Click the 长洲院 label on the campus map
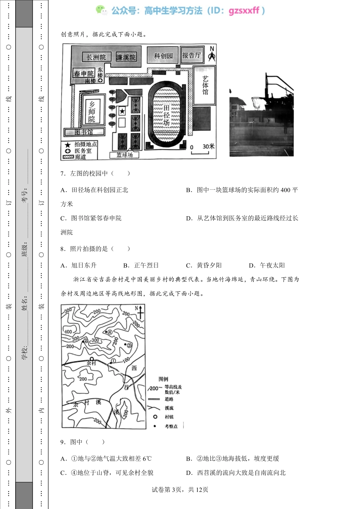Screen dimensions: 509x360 click(x=96, y=57)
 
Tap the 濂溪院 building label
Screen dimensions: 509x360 click(x=126, y=57)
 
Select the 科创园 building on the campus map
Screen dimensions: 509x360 click(x=163, y=56)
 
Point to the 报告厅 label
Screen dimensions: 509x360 click(x=191, y=55)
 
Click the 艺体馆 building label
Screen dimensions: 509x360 click(x=205, y=85)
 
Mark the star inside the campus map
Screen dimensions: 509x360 click(x=122, y=111)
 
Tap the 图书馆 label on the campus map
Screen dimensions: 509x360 click(x=84, y=132)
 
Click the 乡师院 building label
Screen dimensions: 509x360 click(x=92, y=111)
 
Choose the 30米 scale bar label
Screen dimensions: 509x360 click(x=208, y=146)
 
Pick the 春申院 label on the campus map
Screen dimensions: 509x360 click(x=83, y=73)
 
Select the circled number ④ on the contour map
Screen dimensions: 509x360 click(x=110, y=332)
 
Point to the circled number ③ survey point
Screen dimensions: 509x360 click(x=129, y=345)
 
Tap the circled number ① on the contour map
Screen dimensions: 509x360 click(x=113, y=361)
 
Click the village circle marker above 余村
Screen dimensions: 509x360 click(x=91, y=358)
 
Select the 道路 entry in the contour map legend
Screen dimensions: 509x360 click(x=169, y=399)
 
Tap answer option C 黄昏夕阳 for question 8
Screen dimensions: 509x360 click(x=204, y=265)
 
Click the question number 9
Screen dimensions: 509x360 click(x=63, y=442)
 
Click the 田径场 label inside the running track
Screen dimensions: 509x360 click(x=166, y=115)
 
